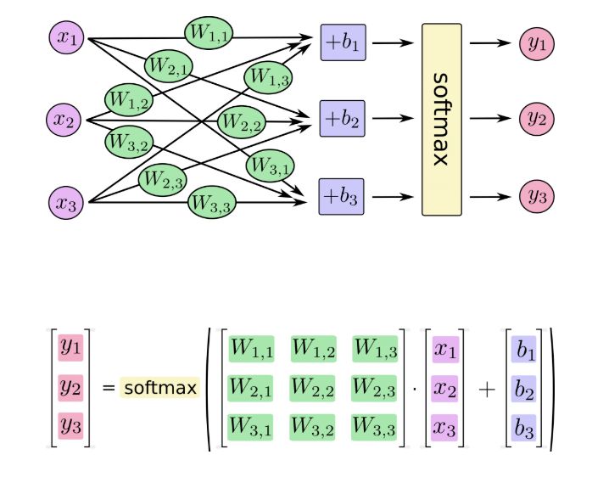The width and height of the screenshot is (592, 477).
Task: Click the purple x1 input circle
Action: point(65,38)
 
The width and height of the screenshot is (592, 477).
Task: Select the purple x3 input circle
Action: point(65,202)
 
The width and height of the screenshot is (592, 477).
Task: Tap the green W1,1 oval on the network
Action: point(209,33)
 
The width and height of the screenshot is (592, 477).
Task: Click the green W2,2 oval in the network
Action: point(243,121)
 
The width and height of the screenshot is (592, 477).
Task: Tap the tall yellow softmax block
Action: point(442,119)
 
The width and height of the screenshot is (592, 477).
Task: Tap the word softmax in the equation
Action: point(159,388)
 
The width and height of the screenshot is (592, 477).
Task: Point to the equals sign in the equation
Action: point(108,388)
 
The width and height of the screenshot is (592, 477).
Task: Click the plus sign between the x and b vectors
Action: point(486,389)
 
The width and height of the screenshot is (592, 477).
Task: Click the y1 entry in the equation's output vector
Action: point(70,348)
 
